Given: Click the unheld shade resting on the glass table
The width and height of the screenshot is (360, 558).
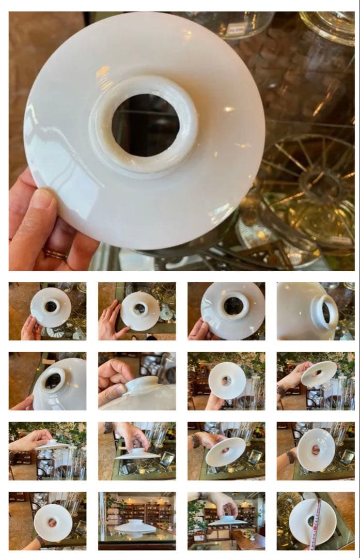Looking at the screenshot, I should pyautogui.click(x=136, y=528).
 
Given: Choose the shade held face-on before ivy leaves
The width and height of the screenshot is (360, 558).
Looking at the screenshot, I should pyautogui.click(x=227, y=380).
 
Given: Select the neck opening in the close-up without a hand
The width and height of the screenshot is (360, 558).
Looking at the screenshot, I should pyautogui.click(x=326, y=312).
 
